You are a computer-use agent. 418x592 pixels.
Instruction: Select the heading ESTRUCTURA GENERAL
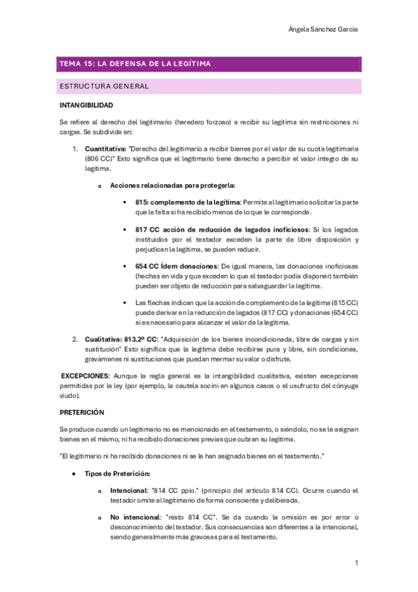(x=105, y=87)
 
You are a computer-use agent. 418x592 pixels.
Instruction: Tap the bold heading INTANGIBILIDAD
(x=86, y=106)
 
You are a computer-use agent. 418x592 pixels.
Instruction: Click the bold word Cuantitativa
(x=105, y=149)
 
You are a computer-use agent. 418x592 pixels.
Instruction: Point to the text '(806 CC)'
(x=98, y=159)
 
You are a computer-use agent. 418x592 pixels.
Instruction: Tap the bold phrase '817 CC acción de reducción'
(x=188, y=230)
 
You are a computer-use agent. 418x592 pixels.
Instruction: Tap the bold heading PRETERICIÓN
(x=82, y=412)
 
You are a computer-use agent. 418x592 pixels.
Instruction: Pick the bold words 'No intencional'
(x=135, y=517)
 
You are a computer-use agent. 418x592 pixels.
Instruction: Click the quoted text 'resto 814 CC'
(x=187, y=517)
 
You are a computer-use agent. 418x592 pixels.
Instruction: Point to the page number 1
(x=356, y=563)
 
